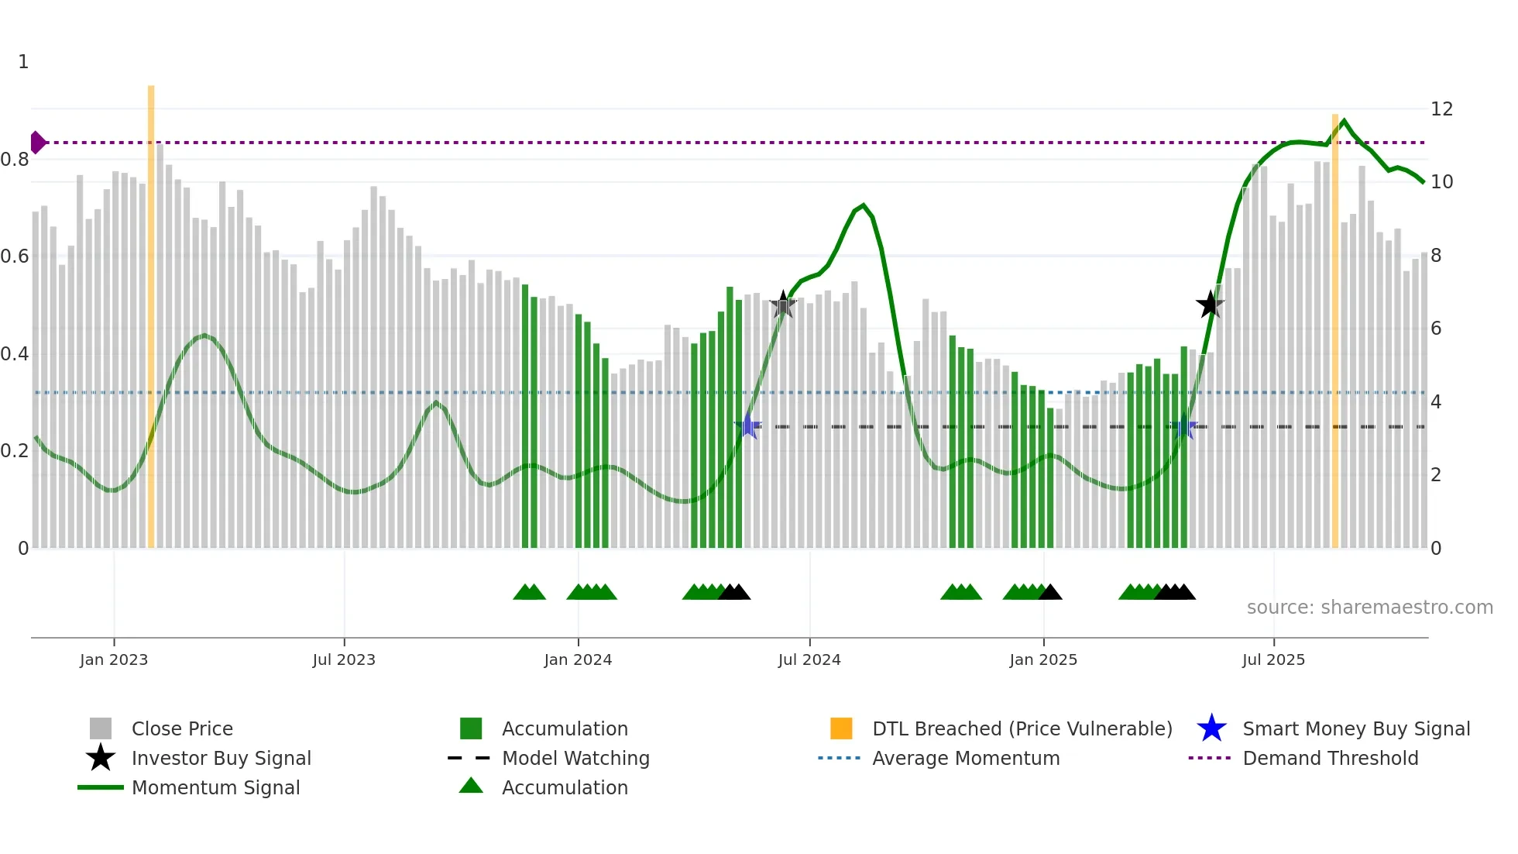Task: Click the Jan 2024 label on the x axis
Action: click(578, 659)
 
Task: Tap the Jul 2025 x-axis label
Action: click(1273, 659)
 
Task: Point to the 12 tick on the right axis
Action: click(1441, 109)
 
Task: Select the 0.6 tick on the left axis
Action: click(15, 257)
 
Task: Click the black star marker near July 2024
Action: click(783, 305)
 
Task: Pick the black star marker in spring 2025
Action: click(1210, 305)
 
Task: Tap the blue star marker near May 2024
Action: click(748, 425)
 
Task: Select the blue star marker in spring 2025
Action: click(1183, 426)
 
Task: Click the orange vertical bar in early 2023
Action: click(151, 310)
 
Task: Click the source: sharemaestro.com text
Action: click(1369, 608)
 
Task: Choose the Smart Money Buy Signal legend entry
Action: click(1355, 728)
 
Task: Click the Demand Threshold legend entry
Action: click(1330, 758)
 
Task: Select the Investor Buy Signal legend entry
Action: click(221, 758)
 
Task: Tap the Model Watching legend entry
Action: click(575, 758)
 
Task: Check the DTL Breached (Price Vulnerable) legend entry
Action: click(1022, 728)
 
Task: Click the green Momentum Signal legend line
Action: click(101, 787)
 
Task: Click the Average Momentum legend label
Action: click(965, 758)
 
